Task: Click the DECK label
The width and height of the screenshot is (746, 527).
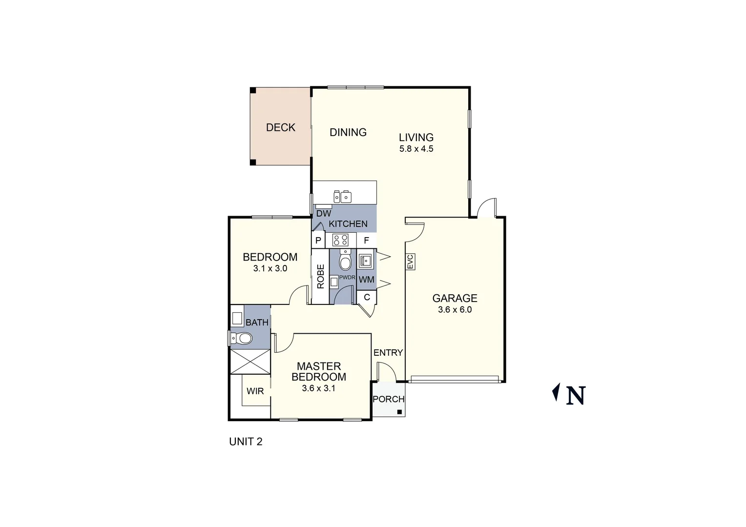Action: [x=281, y=127]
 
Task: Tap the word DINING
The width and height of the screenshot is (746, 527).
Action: [x=348, y=132]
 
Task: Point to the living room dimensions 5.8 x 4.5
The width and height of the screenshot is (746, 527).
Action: [x=416, y=149]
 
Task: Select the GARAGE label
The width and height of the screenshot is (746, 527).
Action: [x=455, y=298]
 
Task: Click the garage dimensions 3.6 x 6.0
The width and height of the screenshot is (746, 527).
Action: [x=455, y=309]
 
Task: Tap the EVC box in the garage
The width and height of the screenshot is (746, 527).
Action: [x=410, y=262]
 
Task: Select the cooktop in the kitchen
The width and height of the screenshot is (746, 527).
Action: [x=340, y=240]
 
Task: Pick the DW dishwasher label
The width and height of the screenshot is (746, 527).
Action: [x=323, y=213]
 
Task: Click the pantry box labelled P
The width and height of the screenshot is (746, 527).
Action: [x=318, y=241]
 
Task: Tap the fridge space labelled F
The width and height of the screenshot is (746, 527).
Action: [x=366, y=241]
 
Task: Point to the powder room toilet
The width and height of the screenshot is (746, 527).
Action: [x=346, y=261]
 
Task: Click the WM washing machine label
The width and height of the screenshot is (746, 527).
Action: [x=367, y=280]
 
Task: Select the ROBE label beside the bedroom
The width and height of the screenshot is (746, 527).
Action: [x=321, y=276]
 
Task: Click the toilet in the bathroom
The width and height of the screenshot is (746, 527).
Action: [x=241, y=338]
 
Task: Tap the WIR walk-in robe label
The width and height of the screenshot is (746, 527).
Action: [x=255, y=391]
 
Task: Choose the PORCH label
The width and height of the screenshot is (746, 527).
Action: [x=389, y=399]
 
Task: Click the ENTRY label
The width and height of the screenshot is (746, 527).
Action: [x=388, y=353]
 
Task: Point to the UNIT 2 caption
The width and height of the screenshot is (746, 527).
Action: [x=246, y=442]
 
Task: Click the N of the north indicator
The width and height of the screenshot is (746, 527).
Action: [x=576, y=395]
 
